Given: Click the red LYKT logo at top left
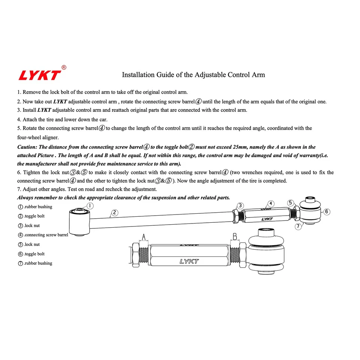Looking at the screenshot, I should coord(39,75).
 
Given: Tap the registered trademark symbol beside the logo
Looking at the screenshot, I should coord(64,67).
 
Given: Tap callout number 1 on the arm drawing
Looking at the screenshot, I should coord(90,205).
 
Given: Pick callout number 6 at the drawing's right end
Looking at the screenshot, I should coord(327,211).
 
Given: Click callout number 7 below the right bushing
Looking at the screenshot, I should coord(298,226).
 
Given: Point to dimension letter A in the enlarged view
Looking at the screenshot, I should coord(143,237).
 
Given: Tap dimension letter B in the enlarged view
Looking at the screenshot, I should coord(235,237).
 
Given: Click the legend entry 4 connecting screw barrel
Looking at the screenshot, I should coord(43,235).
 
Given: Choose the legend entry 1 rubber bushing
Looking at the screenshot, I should coord(35,207).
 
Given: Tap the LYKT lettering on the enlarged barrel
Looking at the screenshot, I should coord(189,261).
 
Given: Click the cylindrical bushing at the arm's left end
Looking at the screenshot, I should coord(79,222).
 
